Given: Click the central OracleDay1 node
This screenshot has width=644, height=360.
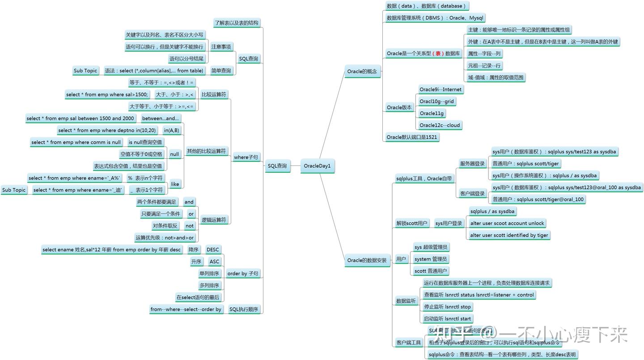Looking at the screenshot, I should tap(317, 166).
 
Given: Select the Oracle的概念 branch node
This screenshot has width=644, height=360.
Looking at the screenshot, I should tap(362, 71).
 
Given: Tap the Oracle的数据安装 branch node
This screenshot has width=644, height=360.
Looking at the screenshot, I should tap(367, 260).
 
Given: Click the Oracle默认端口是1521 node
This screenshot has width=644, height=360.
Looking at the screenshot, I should tap(411, 137).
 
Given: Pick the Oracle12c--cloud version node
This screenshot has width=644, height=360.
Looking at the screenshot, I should tap(440, 125).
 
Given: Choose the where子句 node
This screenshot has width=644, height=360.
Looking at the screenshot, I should tap(246, 157).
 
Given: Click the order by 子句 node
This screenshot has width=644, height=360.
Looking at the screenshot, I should tap(243, 273).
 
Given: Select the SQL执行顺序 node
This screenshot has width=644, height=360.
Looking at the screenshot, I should tap(244, 309).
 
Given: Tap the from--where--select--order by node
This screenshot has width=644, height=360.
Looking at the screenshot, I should tap(186, 309).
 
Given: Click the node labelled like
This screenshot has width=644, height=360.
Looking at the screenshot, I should tap(175, 184).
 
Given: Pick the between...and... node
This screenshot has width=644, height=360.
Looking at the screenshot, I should tap(161, 118).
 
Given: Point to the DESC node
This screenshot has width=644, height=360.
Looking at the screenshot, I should tap(212, 250).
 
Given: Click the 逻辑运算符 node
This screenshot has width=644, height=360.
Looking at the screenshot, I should tap(214, 220).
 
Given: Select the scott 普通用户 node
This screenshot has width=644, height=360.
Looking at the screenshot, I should tap(431, 271).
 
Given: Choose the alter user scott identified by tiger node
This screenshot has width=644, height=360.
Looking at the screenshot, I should tap(509, 235).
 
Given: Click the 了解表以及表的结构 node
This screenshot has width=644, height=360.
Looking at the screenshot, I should tap(236, 23).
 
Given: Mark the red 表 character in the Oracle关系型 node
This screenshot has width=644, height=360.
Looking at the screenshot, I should tap(438, 53).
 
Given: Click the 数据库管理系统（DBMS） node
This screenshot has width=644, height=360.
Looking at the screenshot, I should tap(435, 18).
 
